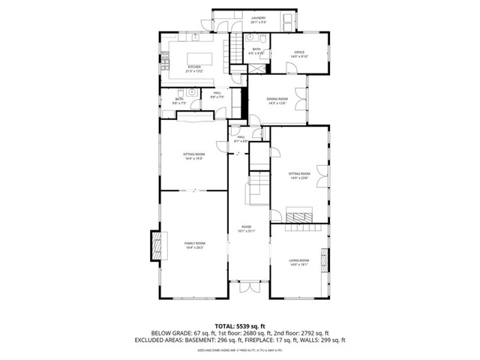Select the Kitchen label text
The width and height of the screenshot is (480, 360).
194,69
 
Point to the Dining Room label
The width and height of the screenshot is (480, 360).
277,101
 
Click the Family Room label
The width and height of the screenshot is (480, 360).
194,245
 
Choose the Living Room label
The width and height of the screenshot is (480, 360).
299,262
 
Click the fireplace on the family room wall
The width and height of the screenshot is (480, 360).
156,245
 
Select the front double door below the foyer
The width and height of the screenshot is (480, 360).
247,287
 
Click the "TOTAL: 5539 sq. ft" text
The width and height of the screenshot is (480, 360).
239,326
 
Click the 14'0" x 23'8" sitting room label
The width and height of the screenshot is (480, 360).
299,175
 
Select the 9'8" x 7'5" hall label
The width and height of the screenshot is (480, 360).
216,94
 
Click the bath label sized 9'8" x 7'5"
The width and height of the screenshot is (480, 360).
179,101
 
